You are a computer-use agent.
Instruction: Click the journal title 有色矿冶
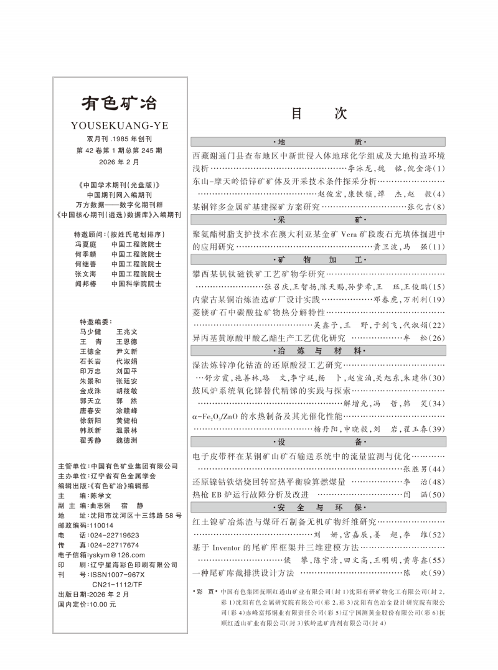pyautogui.click(x=120, y=103)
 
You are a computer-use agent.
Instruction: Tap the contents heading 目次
pyautogui.click(x=319, y=113)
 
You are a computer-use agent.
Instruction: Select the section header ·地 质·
pyautogui.click(x=319, y=142)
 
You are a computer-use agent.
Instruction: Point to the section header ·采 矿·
pyautogui.click(x=319, y=220)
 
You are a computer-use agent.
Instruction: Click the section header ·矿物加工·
pyautogui.click(x=319, y=259)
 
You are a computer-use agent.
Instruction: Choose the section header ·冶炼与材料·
pyautogui.click(x=319, y=350)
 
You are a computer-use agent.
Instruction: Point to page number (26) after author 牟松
pyautogui.click(x=438, y=338)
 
